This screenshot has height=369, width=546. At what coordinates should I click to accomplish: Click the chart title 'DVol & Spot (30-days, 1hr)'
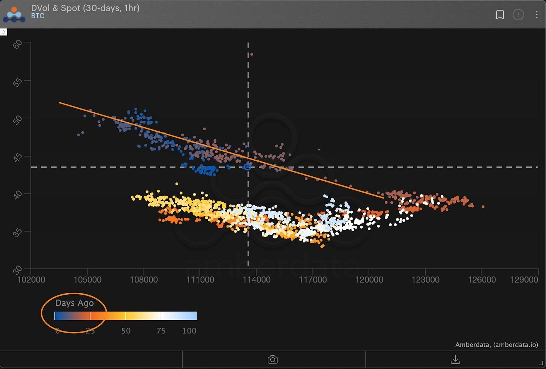point(85,8)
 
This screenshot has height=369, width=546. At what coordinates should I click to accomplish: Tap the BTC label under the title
point(37,16)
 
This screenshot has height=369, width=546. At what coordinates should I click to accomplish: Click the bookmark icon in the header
point(500,15)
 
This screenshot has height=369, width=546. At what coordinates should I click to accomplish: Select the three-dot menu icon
point(537,15)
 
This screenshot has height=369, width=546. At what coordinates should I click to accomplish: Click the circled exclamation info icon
point(518,15)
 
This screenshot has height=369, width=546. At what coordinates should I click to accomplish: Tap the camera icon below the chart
point(273,360)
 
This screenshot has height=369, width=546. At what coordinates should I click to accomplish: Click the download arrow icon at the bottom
point(455,360)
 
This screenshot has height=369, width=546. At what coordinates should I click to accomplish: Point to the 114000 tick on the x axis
point(256,280)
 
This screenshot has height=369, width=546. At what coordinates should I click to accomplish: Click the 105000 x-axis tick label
point(87,280)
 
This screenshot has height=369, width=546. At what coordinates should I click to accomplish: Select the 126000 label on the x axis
point(482,280)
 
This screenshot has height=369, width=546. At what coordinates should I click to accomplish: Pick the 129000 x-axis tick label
point(524,280)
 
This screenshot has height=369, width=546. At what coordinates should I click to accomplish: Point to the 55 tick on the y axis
point(17,82)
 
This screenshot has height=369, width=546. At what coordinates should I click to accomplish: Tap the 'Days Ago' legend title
point(74,303)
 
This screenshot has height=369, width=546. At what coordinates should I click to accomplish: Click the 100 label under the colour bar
point(189,331)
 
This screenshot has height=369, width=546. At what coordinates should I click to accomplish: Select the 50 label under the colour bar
point(126,331)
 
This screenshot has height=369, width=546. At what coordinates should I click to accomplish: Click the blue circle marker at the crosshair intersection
point(247,167)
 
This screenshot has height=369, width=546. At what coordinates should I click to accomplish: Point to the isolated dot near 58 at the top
point(252,54)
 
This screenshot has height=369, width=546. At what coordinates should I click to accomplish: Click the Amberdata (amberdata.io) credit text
point(496,345)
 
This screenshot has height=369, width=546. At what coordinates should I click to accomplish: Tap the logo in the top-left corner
point(14,14)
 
